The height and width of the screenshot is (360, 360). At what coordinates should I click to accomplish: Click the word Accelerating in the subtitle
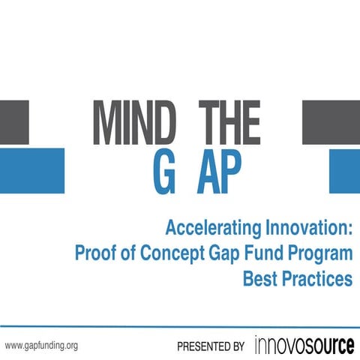(209, 227)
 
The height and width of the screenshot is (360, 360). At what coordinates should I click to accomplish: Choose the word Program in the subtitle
(318, 253)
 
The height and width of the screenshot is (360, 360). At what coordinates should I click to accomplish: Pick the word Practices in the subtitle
(318, 278)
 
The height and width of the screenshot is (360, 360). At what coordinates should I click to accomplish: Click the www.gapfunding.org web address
(41, 346)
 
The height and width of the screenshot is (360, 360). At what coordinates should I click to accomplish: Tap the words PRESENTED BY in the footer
(211, 346)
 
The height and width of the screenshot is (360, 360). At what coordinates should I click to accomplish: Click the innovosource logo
(304, 345)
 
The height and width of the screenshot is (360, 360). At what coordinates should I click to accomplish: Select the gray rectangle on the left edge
(14, 122)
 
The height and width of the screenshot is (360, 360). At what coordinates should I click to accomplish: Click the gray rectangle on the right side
(331, 122)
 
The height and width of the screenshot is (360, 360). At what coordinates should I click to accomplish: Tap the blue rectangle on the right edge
(344, 171)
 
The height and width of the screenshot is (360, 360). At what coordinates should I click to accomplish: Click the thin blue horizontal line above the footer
(180, 327)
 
